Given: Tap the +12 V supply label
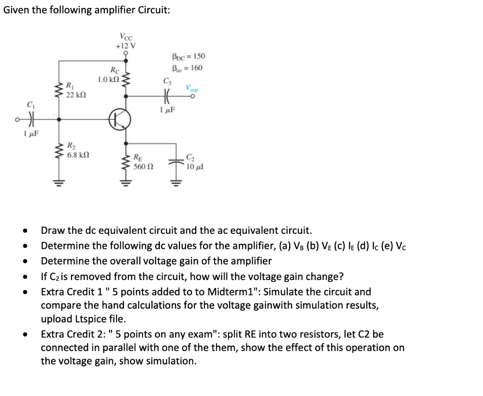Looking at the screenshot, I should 125,46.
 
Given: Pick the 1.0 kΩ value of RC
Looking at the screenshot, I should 108,79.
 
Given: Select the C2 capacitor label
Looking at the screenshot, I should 190,157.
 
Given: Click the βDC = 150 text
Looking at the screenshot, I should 187,57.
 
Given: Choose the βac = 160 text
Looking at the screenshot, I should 187,68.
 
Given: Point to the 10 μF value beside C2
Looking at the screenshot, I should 194,166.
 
